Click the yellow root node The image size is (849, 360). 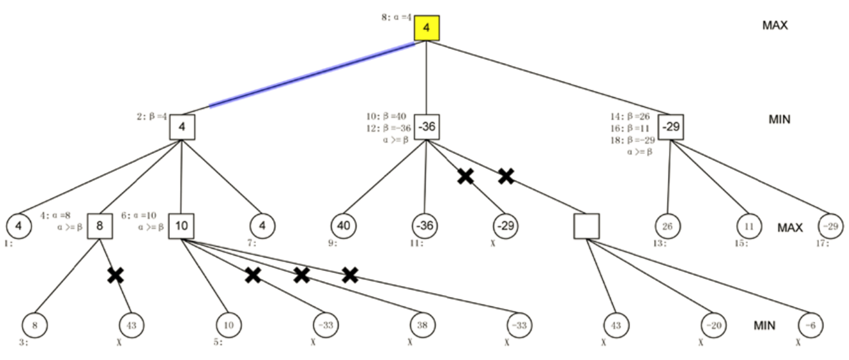tap(426, 28)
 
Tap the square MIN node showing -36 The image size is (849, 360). tap(426, 127)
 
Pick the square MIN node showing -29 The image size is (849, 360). tap(671, 127)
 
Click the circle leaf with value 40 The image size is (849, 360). tap(343, 226)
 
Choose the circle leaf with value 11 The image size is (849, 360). tap(749, 226)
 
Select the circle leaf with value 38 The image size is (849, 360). tap(423, 326)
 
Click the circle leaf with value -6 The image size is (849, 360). tap(810, 326)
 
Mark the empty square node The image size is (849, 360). tap(586, 226)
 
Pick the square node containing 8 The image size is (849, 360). tap(100, 226)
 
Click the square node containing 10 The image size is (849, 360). tap(182, 226)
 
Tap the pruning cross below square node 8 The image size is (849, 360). tap(115, 276)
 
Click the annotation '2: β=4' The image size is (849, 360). tap(152, 117)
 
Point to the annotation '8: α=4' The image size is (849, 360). tap(397, 17)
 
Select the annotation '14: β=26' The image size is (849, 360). tap(630, 117)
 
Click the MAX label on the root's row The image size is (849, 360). tap(775, 25)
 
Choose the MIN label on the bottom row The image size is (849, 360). tap(764, 326)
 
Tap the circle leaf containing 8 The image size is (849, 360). tap(35, 326)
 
